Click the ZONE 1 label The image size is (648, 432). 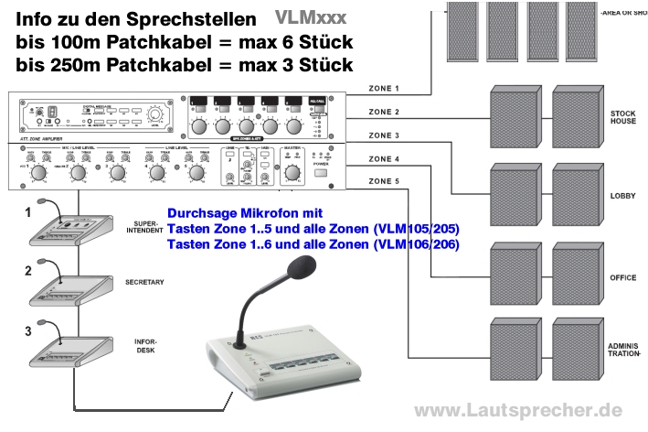coord(384,89)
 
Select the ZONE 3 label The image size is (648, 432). coord(384,135)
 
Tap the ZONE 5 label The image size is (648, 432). coord(384,181)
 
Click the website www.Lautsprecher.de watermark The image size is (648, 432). coord(518,411)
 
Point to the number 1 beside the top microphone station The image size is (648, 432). coord(27,211)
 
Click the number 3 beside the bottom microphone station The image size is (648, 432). coord(27,329)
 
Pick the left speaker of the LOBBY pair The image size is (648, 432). coord(514,193)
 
